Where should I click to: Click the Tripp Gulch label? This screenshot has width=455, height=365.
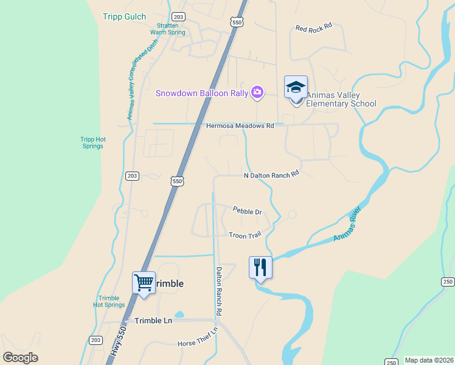click(x=125, y=16)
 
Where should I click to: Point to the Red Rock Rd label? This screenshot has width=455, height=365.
click(x=313, y=27)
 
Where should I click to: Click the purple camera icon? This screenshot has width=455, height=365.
click(x=257, y=92)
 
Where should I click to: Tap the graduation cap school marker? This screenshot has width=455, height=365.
click(x=296, y=87)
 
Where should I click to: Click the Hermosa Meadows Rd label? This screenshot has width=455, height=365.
click(x=240, y=126)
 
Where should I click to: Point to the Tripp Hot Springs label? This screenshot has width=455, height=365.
click(x=92, y=142)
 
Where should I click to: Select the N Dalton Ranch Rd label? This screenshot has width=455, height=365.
click(x=271, y=175)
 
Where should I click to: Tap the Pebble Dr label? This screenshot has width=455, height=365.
click(x=247, y=211)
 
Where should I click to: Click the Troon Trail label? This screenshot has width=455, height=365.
click(x=245, y=235)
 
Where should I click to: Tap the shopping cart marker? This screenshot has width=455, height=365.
click(x=144, y=282)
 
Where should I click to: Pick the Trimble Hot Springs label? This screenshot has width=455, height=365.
click(x=109, y=301)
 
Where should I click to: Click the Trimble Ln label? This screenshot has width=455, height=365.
click(x=153, y=321)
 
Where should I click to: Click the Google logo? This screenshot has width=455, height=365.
click(x=21, y=358)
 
